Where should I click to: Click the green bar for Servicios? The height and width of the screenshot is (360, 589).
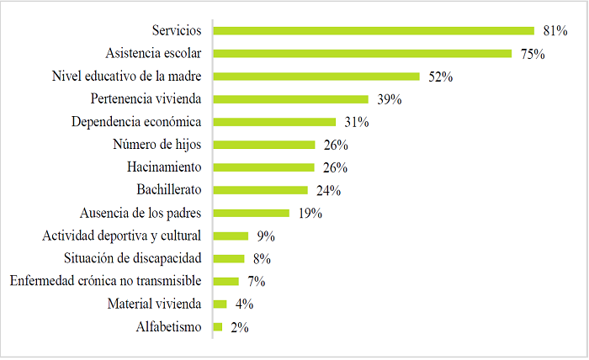pos(374,31)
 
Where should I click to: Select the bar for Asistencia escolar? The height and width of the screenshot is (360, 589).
pos(363,54)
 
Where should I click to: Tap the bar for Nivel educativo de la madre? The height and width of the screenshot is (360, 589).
pos(316,77)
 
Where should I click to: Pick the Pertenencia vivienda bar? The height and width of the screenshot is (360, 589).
pos(291,99)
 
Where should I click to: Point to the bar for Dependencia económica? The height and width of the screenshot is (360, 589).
pos(274,122)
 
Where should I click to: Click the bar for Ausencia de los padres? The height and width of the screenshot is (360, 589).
pos(252,213)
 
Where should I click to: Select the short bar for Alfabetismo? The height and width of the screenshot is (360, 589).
pos(218,326)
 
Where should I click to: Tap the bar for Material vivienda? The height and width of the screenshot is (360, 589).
pos(220,304)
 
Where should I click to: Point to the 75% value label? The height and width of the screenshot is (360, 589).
pos(532,54)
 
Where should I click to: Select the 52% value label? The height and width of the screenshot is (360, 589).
pos(440,77)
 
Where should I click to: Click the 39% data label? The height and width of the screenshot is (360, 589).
pos(389,99)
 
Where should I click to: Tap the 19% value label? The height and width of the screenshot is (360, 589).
pos(310,213)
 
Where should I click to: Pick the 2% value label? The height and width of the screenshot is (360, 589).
pos(238,326)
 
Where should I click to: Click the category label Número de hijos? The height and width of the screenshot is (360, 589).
pos(158,145)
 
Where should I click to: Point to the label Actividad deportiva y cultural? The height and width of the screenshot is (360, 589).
pos(123,236)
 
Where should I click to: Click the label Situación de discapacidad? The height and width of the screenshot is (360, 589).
pos(133,258)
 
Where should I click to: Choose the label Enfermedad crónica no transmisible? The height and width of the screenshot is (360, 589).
pos(105,281)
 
